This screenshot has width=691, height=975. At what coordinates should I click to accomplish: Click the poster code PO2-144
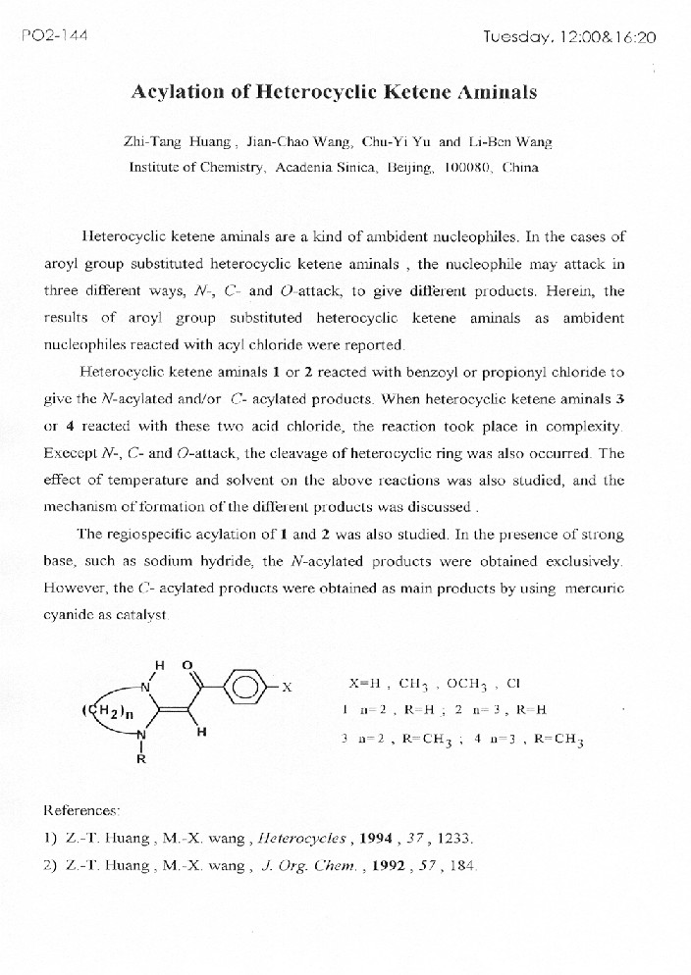[x=54, y=36]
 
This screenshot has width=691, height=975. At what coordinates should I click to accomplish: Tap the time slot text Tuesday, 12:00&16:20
[x=568, y=37]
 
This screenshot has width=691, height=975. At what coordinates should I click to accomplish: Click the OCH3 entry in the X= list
[x=467, y=683]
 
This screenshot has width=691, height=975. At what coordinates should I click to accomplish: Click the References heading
[x=82, y=811]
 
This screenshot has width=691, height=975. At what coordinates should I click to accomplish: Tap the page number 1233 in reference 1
[x=454, y=839]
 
